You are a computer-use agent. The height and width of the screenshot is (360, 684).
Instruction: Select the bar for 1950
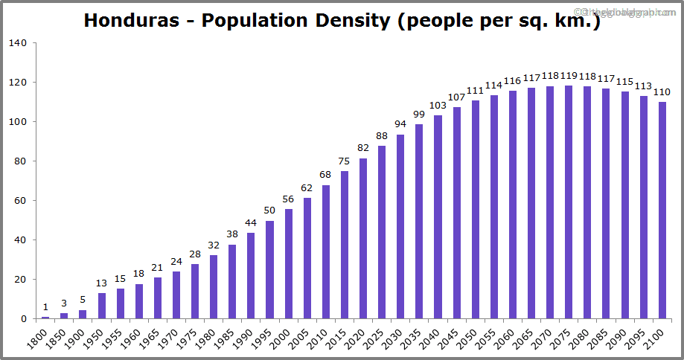102,306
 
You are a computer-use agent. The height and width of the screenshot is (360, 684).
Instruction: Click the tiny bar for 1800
45,318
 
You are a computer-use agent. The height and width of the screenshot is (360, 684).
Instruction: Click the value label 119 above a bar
568,75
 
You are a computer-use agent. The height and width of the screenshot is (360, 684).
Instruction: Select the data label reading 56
288,199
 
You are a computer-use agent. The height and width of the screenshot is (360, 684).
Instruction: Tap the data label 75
345,161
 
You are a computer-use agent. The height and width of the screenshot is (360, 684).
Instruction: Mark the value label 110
662,91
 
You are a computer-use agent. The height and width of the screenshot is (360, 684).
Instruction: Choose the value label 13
102,283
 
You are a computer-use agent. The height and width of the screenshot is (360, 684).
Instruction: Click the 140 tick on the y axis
19,43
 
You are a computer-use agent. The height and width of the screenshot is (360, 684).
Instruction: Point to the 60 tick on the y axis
21,201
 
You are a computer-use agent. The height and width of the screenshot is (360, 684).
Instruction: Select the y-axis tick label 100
19,122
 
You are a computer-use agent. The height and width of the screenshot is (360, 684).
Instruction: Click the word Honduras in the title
131,20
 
